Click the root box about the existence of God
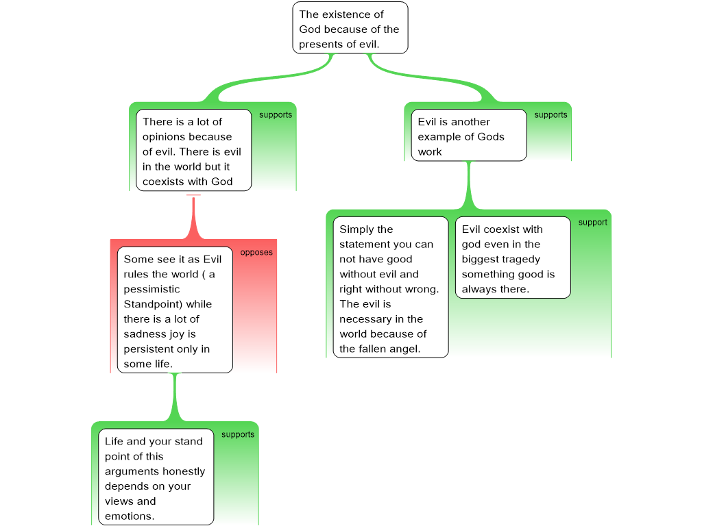(350, 27)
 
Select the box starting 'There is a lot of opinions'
(193, 150)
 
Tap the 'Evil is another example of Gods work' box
(469, 135)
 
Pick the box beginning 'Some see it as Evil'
(175, 310)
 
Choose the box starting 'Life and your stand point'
(156, 477)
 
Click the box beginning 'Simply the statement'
(390, 287)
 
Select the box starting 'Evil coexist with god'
(513, 258)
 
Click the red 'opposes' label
(256, 252)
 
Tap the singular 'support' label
(593, 223)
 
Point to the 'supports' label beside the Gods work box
(550, 115)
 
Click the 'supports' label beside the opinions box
(276, 115)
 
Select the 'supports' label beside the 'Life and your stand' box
(238, 435)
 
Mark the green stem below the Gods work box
(469, 185)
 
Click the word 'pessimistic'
(152, 290)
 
